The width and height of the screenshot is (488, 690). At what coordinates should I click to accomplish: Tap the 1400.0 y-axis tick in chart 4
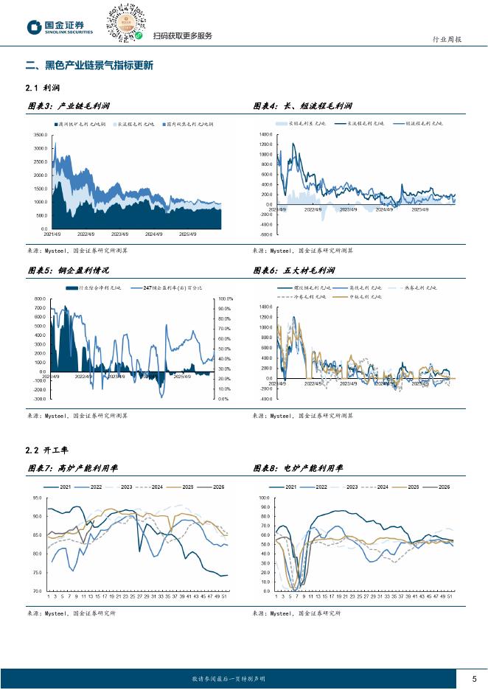pyautogui.click(x=265, y=136)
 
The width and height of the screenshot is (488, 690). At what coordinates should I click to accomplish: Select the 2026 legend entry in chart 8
pyautogui.click(x=444, y=487)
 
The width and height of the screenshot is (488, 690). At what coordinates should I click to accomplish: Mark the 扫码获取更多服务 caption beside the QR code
pyautogui.click(x=182, y=36)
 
